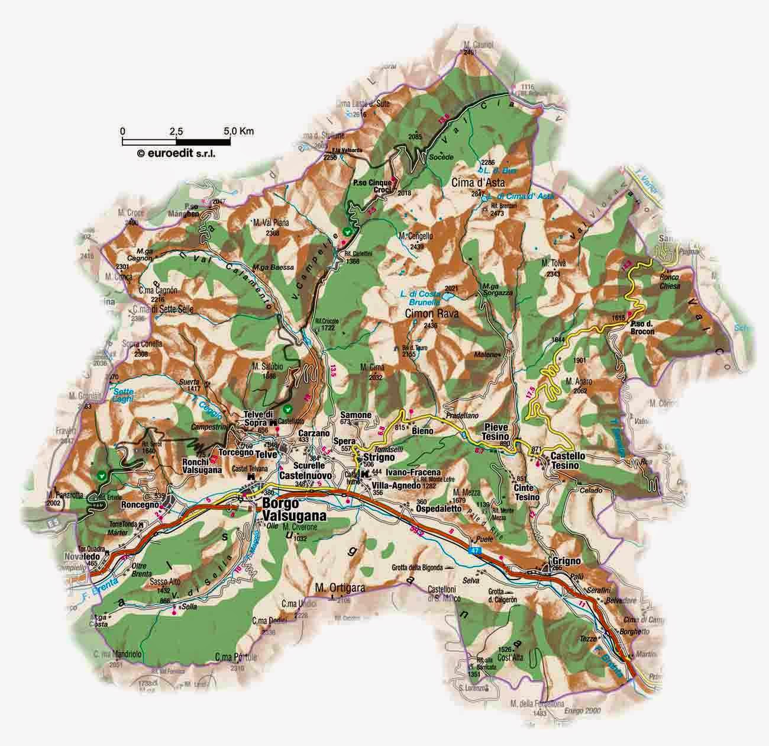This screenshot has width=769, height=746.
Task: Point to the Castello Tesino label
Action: (x=568, y=462)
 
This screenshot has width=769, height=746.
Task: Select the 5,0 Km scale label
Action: (x=238, y=130)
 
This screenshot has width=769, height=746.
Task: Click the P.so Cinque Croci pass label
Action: (x=372, y=186)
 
